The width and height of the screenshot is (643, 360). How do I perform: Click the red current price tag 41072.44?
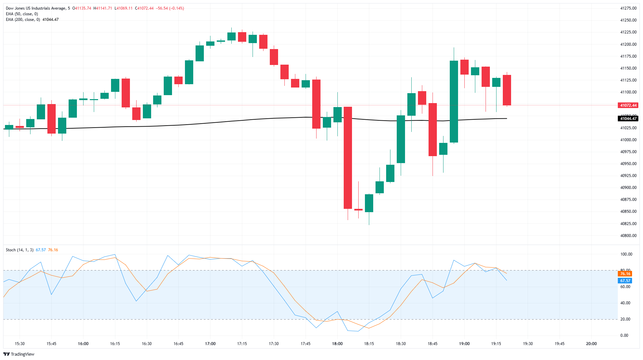pyautogui.click(x=628, y=105)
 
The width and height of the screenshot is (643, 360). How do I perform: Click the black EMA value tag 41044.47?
pyautogui.click(x=628, y=119)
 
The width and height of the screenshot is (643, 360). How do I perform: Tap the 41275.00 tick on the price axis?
pyautogui.click(x=628, y=8)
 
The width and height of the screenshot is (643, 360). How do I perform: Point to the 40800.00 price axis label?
pyautogui.click(x=628, y=236)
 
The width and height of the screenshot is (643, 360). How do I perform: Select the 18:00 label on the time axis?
pyautogui.click(x=337, y=344)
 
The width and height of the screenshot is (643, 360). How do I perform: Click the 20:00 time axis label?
pyautogui.click(x=591, y=344)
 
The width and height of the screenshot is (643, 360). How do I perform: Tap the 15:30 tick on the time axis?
pyautogui.click(x=20, y=344)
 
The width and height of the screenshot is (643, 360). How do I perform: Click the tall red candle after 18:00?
pyautogui.click(x=348, y=157)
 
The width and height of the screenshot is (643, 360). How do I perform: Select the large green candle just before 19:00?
pyautogui.click(x=454, y=101)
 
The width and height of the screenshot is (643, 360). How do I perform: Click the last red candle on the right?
pyautogui.click(x=507, y=90)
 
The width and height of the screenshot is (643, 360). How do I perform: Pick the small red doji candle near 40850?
pyautogui.click(x=358, y=210)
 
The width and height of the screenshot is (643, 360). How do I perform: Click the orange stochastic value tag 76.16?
pyautogui.click(x=625, y=274)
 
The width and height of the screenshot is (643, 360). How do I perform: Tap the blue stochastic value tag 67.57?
pyautogui.click(x=625, y=281)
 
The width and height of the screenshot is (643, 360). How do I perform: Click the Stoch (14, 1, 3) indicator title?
pyautogui.click(x=20, y=250)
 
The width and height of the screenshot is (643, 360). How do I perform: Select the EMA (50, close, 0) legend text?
pyautogui.click(x=22, y=14)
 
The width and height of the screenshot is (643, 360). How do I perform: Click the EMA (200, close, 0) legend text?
pyautogui.click(x=23, y=20)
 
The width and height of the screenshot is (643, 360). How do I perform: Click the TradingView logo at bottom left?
pyautogui.click(x=19, y=354)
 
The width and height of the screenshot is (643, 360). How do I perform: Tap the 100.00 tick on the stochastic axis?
pyautogui.click(x=626, y=254)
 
